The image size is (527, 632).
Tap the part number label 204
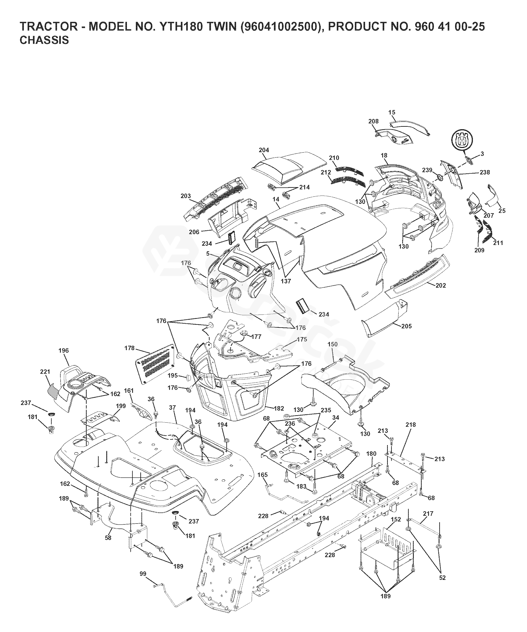tap(264, 150)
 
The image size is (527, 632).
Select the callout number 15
tap(392, 112)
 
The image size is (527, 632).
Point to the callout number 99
tap(143, 574)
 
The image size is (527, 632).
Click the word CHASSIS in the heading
tap(44, 40)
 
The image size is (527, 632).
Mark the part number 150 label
tap(333, 344)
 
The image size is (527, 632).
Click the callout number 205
tap(406, 326)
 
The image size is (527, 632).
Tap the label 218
tap(411, 425)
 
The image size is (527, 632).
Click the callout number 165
tap(262, 475)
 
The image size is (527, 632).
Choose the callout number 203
tap(186, 196)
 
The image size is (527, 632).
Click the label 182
tap(279, 408)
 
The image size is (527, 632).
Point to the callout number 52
tap(442, 578)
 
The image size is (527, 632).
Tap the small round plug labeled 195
tap(190, 376)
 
